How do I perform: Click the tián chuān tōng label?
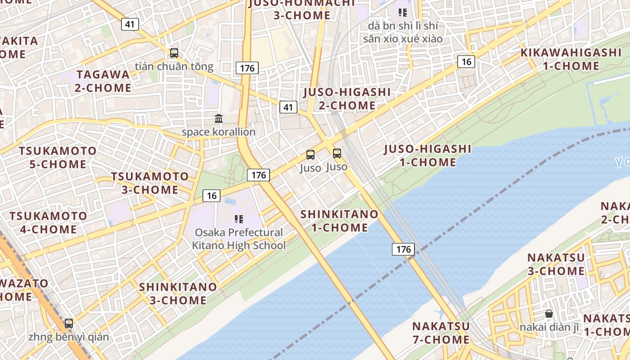(x=174, y=67)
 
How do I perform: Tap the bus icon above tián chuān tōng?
(x=174, y=53)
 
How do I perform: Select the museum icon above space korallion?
(x=219, y=119)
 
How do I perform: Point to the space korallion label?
(x=218, y=132)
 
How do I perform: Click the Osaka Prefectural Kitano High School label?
(x=238, y=239)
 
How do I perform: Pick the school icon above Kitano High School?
(x=239, y=219)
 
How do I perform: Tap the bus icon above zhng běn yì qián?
(x=69, y=323)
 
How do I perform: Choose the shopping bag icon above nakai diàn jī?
(x=549, y=314)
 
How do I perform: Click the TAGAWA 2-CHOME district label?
(x=103, y=81)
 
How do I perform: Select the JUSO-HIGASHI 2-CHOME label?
(x=347, y=99)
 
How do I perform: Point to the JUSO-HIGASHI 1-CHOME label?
(x=427, y=156)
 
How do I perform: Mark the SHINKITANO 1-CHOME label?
(x=339, y=221)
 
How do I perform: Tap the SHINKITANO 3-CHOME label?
(x=178, y=293)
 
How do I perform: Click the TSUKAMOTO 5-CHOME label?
(x=58, y=157)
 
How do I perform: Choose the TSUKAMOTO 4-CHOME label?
(x=48, y=222)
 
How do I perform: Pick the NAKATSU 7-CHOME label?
(x=441, y=333)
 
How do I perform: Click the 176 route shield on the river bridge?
(x=403, y=249)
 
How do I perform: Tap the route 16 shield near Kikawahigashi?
(x=466, y=61)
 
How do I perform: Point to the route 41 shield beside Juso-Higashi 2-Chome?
(x=288, y=107)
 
